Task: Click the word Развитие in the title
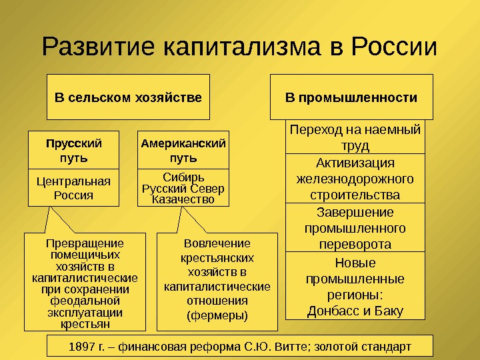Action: (98, 47)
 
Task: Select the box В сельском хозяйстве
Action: (128, 97)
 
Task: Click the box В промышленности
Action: (351, 97)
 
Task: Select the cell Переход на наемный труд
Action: (355, 137)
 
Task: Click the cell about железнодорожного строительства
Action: (355, 179)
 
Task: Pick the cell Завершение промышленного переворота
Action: (355, 228)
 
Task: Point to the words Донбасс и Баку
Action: (355, 311)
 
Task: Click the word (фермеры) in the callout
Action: (217, 315)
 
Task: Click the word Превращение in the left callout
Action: (85, 243)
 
